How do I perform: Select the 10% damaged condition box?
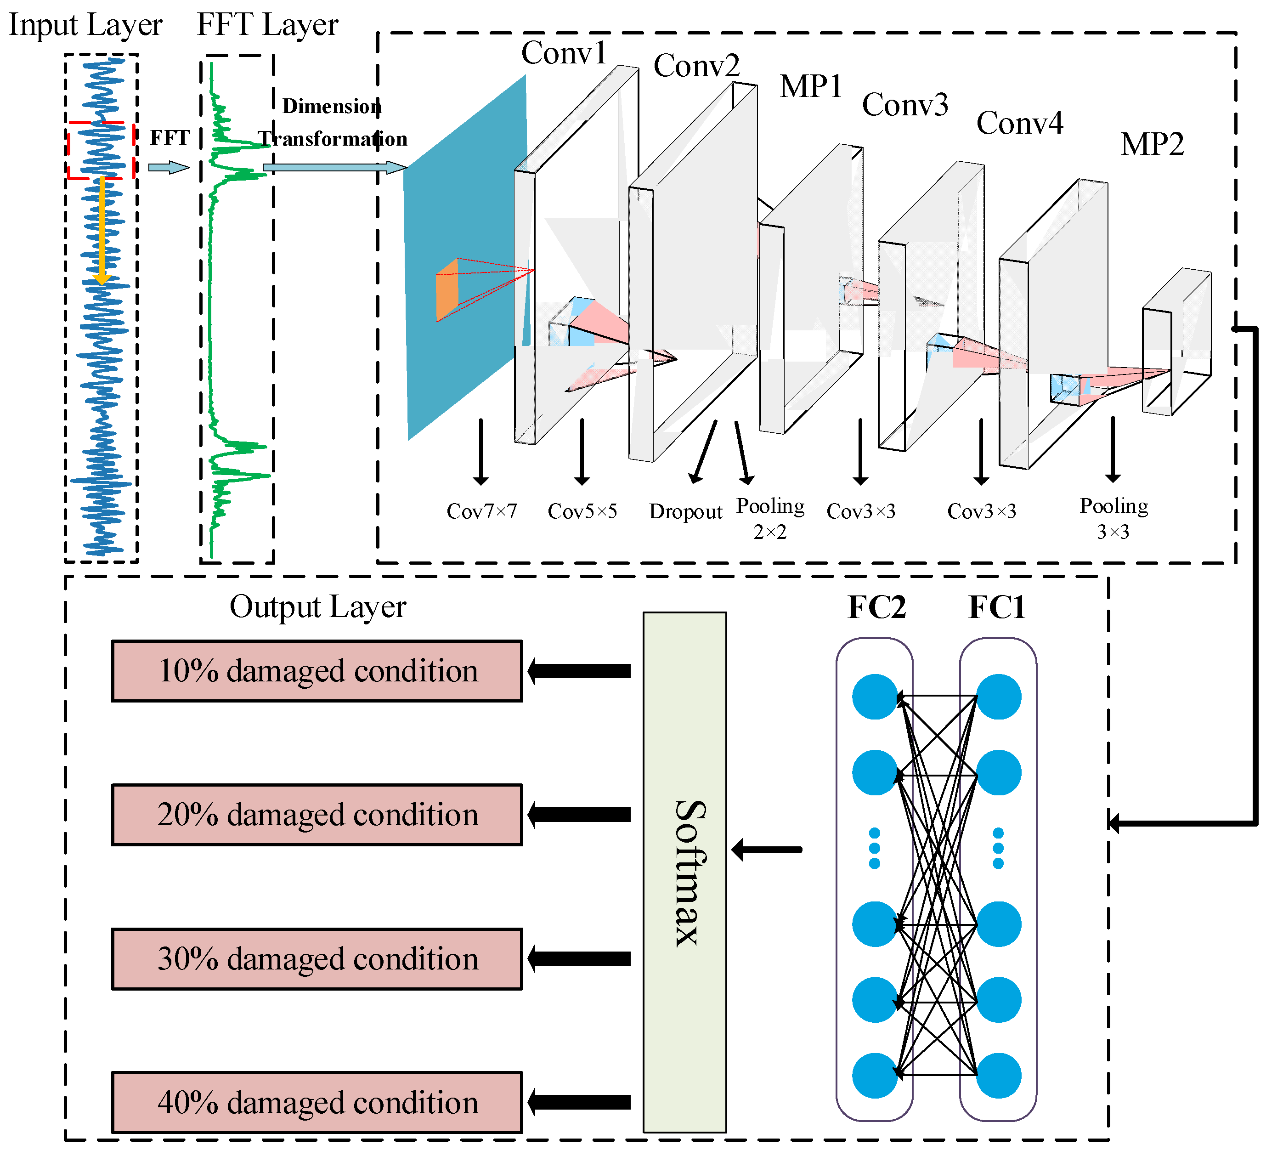317,671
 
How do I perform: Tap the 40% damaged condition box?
317,1102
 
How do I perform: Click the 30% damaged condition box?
317,958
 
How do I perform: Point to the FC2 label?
876,607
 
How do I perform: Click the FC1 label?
996,607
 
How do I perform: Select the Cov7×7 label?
481,511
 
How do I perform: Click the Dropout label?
685,512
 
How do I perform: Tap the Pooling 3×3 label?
1113,518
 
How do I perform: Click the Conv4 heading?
1019,123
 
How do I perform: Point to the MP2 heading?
1152,144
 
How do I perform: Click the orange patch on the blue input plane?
447,289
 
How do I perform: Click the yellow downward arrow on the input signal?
101,232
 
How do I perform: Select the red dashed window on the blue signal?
100,150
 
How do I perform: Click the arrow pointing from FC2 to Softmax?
767,849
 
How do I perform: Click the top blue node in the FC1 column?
999,697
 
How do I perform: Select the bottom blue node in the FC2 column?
875,1075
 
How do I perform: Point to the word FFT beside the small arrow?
170,138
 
